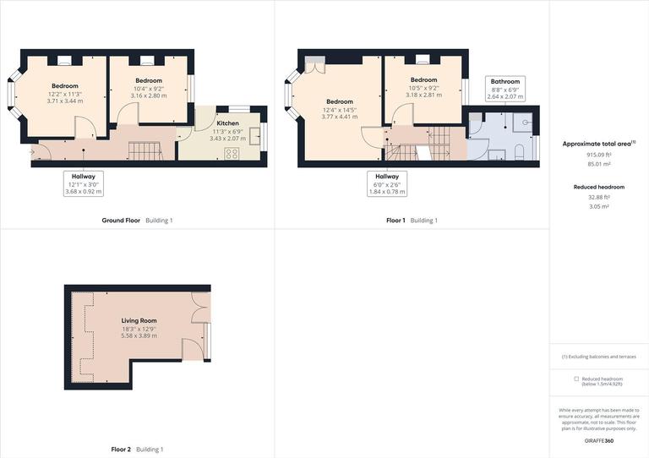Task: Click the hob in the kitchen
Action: pyautogui.click(x=232, y=153)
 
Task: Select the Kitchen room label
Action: pyautogui.click(x=227, y=123)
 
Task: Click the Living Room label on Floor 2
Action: pyautogui.click(x=139, y=321)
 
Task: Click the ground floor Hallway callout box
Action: pyautogui.click(x=83, y=184)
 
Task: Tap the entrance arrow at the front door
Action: pyautogui.click(x=33, y=153)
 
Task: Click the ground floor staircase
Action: pyautogui.click(x=145, y=151)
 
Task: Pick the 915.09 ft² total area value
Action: pyautogui.click(x=599, y=155)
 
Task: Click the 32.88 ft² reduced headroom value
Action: pyautogui.click(x=599, y=197)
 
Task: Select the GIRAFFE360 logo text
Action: pyautogui.click(x=599, y=442)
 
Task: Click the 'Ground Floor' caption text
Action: pyautogui.click(x=120, y=221)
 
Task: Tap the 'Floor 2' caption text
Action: pyautogui.click(x=121, y=450)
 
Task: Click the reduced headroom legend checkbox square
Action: pyautogui.click(x=576, y=379)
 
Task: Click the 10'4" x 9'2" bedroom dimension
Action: pyautogui.click(x=148, y=89)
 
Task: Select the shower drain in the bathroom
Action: pyautogui.click(x=526, y=121)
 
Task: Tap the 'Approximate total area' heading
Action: pyautogui.click(x=597, y=144)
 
